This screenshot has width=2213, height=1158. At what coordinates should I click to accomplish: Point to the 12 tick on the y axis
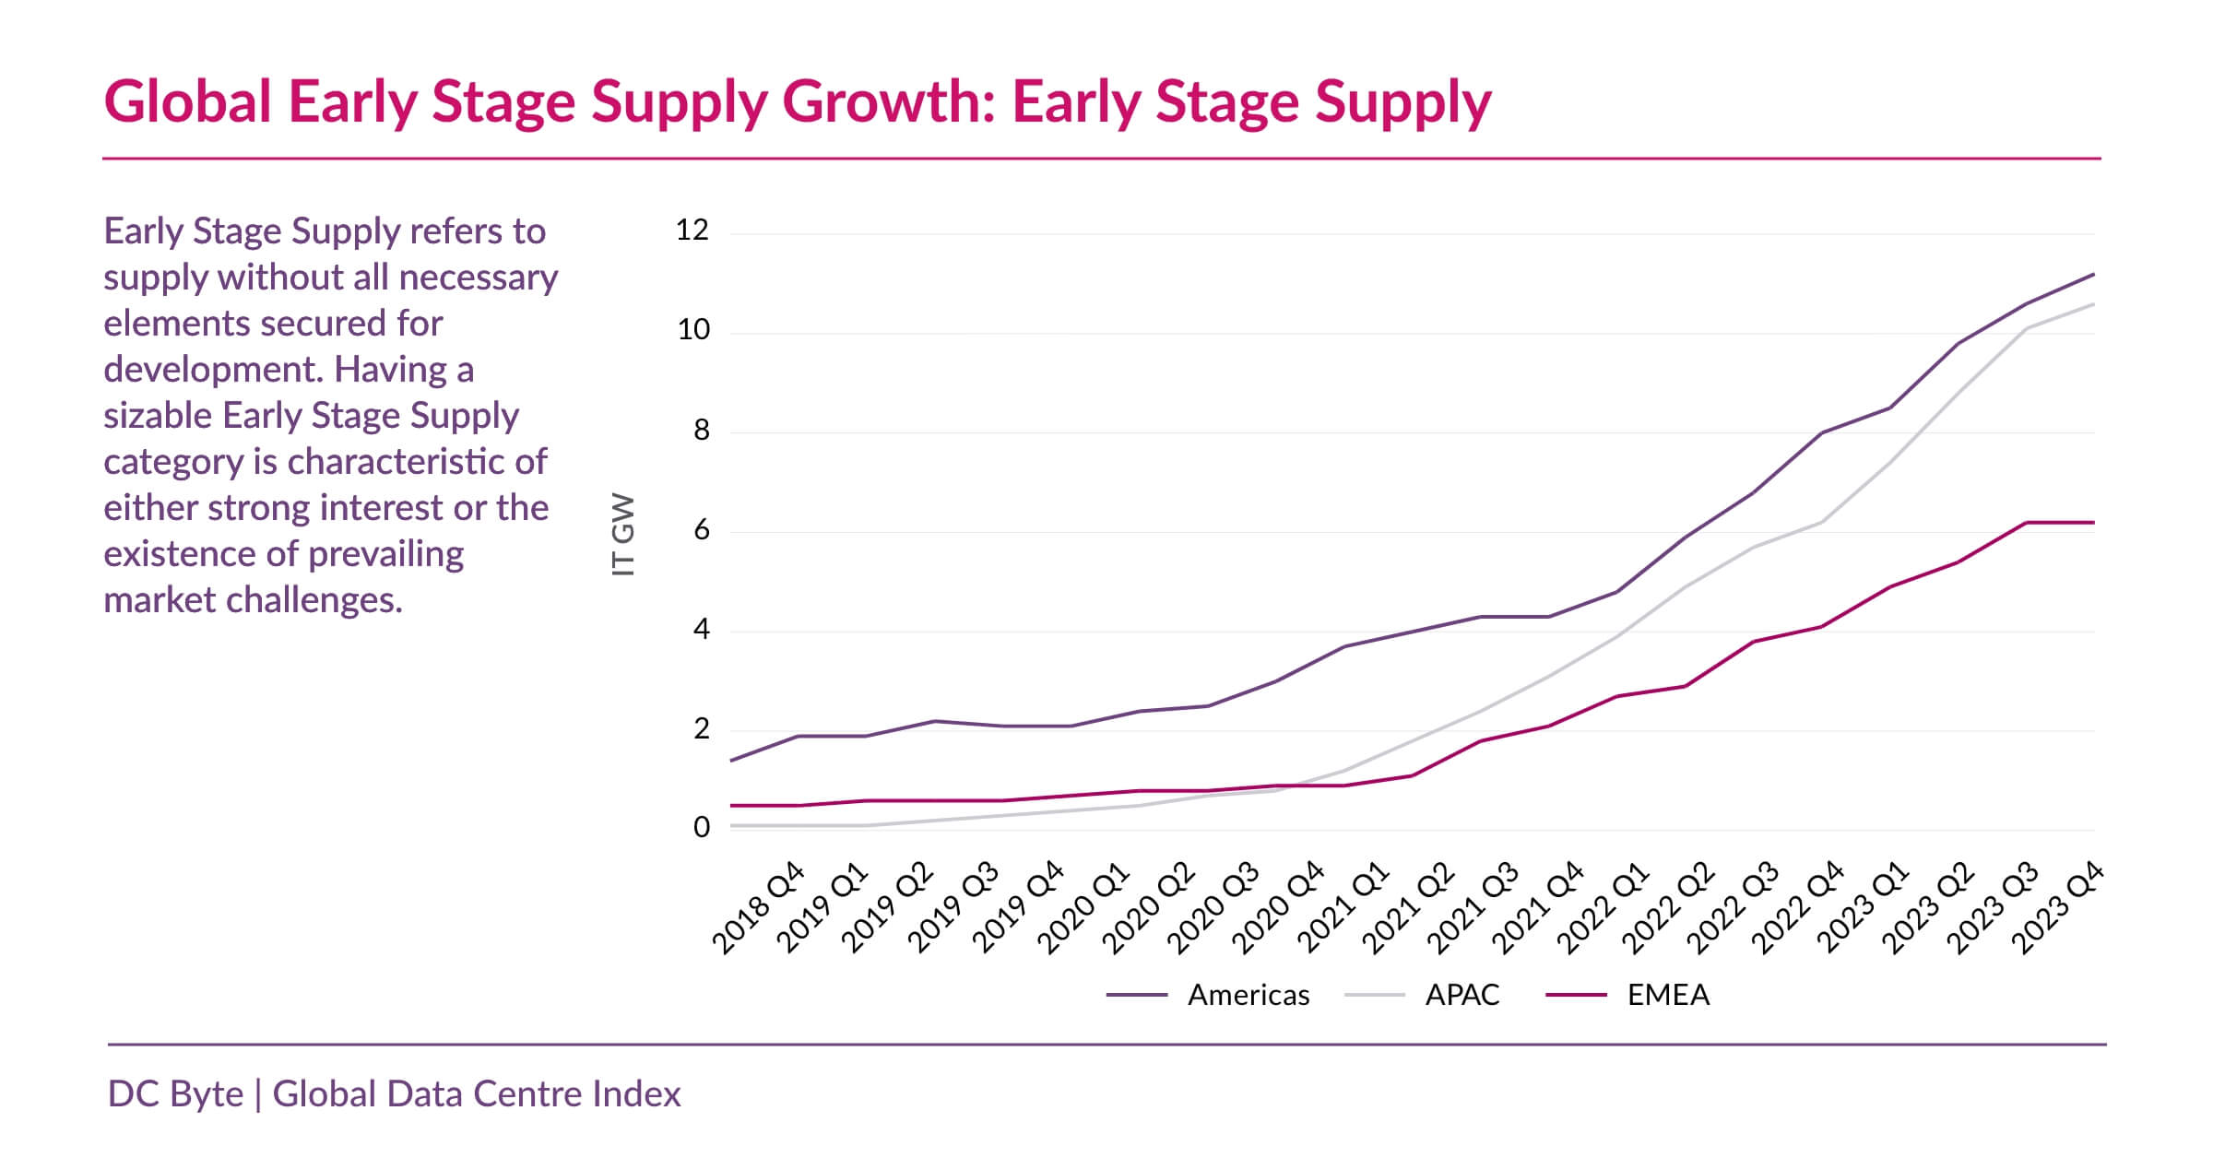(x=692, y=230)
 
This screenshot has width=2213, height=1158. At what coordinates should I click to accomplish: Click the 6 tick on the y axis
(x=701, y=530)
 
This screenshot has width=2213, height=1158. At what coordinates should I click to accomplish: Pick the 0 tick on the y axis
(x=701, y=828)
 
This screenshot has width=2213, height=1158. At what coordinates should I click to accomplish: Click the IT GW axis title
(x=624, y=535)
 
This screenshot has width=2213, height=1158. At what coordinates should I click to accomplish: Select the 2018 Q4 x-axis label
(x=758, y=908)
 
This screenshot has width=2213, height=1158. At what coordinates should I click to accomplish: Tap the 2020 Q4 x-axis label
(x=1278, y=908)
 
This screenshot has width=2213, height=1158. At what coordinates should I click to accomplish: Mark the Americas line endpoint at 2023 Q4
(x=2093, y=275)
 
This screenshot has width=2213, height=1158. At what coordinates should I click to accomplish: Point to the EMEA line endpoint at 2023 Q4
(x=2093, y=523)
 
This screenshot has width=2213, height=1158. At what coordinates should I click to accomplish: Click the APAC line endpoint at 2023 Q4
(x=2093, y=304)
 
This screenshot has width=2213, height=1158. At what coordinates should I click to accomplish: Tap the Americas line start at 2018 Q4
(x=731, y=761)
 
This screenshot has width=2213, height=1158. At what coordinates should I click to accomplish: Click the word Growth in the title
(x=889, y=101)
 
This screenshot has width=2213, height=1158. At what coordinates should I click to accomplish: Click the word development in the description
(x=212, y=370)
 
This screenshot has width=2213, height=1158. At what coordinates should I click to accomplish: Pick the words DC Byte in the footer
(x=175, y=1094)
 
